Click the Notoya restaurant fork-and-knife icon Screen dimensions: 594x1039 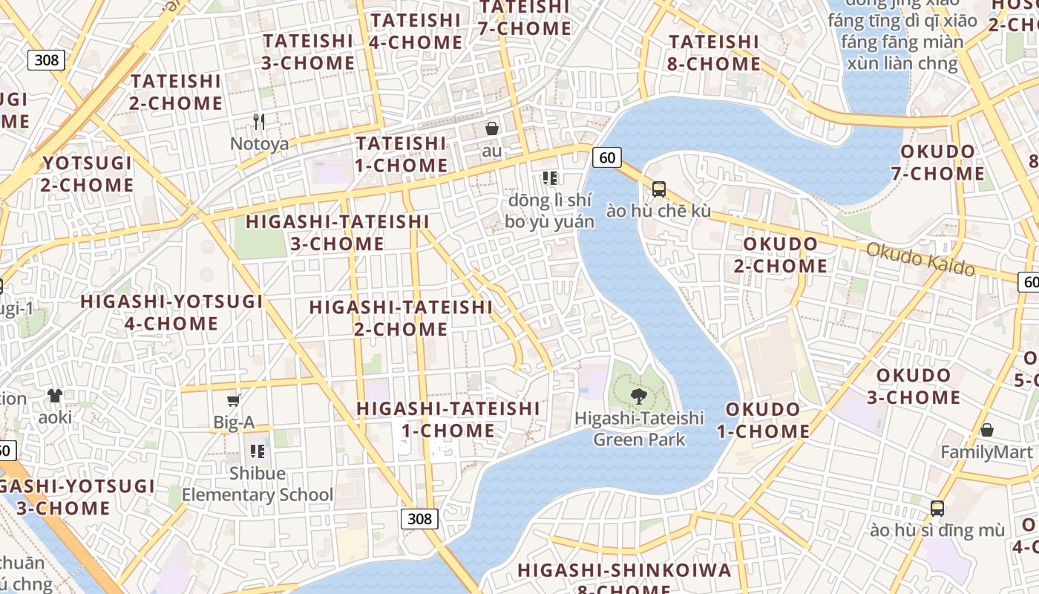tap(258, 122)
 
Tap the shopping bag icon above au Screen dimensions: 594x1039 tap(491, 129)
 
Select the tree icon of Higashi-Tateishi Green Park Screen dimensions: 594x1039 tap(638, 396)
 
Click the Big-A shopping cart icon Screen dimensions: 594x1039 tap(233, 401)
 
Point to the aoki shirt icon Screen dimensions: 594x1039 tap(55, 395)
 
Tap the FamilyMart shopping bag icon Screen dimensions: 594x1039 tap(987, 430)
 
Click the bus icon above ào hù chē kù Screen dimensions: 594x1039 tap(658, 189)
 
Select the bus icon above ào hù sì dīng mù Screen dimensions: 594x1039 tap(937, 509)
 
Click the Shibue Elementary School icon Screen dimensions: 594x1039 tap(258, 451)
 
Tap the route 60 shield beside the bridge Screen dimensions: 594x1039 tap(607, 157)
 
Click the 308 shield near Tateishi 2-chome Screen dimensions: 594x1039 tap(46, 59)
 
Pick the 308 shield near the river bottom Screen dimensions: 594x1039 tap(419, 518)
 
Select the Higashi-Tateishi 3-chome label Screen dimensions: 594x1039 tap(338, 232)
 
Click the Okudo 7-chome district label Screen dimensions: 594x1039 tap(937, 163)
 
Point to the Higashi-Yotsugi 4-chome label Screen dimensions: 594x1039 tap(171, 313)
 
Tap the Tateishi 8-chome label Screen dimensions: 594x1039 tap(714, 53)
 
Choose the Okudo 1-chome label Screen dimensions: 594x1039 tap(767, 420)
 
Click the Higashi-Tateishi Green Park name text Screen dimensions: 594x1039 tap(639, 428)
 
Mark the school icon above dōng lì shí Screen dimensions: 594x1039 tap(550, 177)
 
